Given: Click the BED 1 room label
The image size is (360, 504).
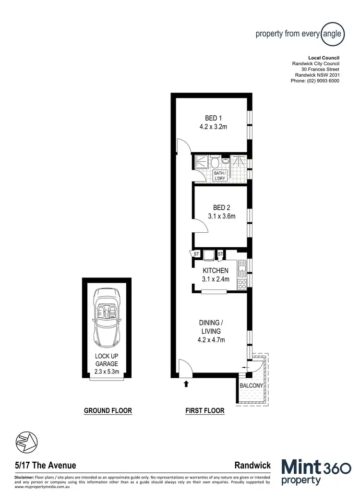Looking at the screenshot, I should tap(213, 118).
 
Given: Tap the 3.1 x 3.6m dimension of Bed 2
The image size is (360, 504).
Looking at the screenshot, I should tap(221, 216).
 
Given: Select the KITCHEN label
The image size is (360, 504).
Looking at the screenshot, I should tap(216, 271).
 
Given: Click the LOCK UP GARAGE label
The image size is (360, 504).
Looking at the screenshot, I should tap(107, 360).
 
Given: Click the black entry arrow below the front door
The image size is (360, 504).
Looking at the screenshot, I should tap(186, 383).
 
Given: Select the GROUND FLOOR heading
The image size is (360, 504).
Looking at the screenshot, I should tap(108, 411).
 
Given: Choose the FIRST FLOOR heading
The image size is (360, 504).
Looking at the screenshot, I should tap(205, 411).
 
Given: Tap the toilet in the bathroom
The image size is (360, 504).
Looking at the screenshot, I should tap(215, 160).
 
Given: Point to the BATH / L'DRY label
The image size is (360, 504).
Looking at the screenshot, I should tap(219, 176).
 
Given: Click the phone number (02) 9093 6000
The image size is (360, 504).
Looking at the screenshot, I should tap(315, 81).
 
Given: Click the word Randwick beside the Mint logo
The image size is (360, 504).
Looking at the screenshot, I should tap(252, 465).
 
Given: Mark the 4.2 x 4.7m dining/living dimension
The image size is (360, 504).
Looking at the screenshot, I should tap(212, 340).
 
